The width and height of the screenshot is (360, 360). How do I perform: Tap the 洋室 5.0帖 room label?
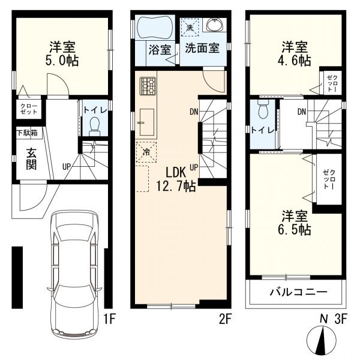tap(62, 53)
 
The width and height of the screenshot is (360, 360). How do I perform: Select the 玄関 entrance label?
tap(26, 157)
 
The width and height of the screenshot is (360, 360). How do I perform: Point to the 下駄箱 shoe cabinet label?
tap(26, 133)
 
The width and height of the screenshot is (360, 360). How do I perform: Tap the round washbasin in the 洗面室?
tap(214, 25)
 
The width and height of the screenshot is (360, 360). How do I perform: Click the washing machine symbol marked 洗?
tap(190, 28)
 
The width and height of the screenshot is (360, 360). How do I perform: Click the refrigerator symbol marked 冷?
tap(146, 151)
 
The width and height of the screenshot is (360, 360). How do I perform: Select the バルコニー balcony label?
tap(297, 293)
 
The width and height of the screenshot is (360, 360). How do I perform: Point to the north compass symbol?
tap(323, 340)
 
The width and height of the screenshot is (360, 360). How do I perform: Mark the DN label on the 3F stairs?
tap(301, 112)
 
